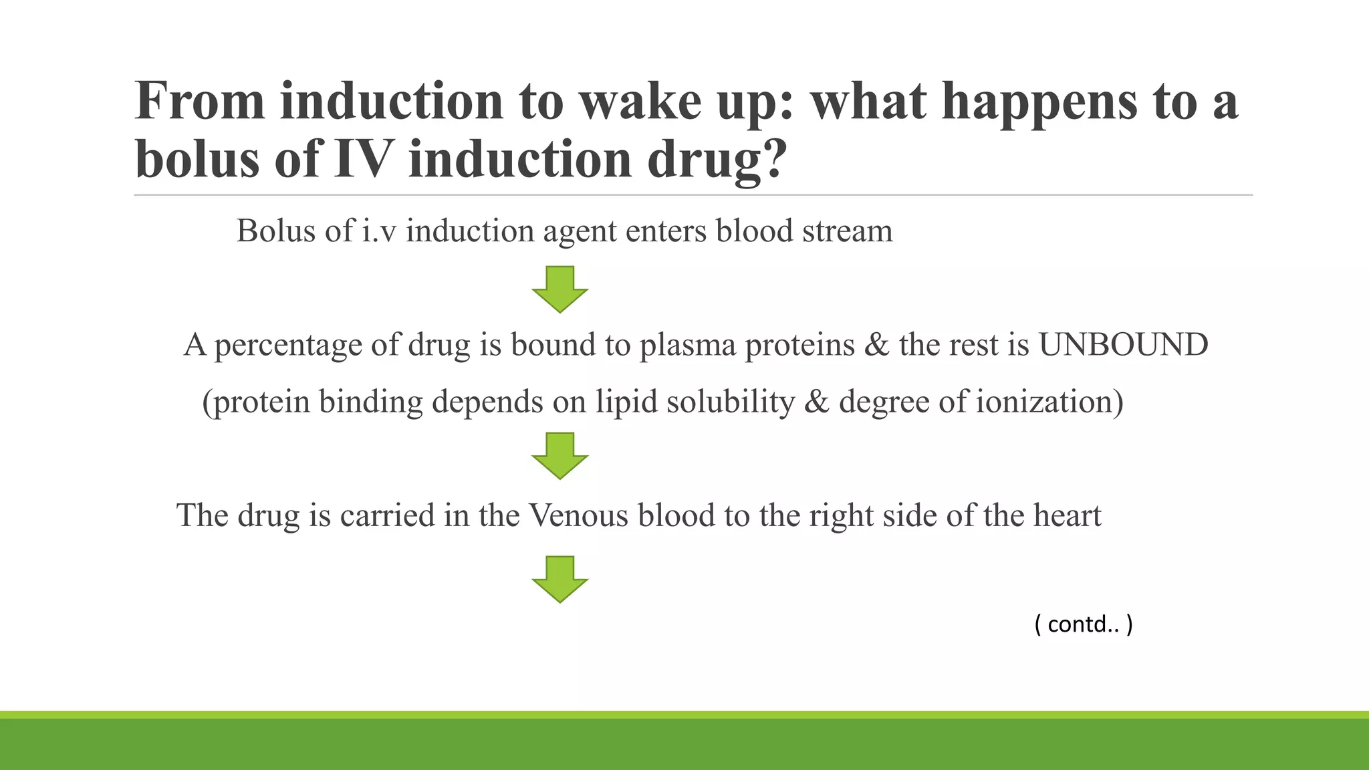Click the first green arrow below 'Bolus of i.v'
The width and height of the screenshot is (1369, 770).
pyautogui.click(x=559, y=289)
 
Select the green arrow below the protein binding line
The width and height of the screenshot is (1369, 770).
pyautogui.click(x=559, y=455)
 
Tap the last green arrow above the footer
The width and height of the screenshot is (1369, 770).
pyautogui.click(x=559, y=579)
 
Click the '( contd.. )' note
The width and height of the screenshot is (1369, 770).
pyautogui.click(x=1084, y=624)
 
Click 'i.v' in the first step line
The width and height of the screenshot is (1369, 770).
pyautogui.click(x=380, y=231)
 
